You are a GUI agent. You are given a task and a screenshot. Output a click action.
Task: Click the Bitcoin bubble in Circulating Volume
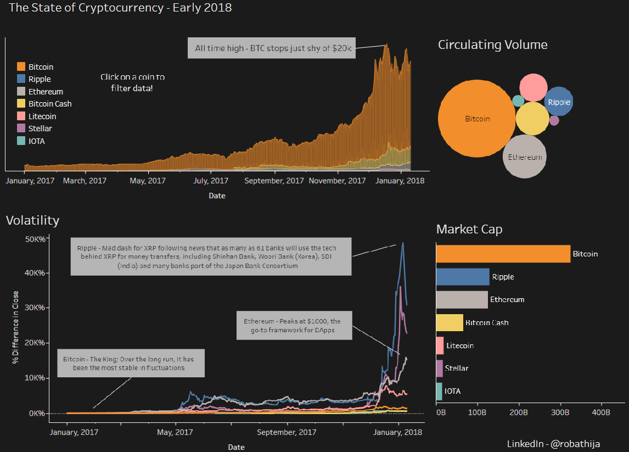click(476, 119)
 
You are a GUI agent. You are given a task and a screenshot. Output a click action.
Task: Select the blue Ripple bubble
click(559, 102)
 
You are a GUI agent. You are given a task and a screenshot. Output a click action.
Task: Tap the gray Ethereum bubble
click(525, 157)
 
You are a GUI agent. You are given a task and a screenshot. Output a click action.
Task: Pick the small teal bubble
click(518, 101)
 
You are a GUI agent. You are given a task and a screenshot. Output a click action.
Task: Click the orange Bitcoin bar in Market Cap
click(503, 254)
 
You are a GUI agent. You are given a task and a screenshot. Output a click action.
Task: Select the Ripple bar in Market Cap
click(462, 277)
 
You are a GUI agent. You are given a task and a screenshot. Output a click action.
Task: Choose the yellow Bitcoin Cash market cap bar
click(450, 322)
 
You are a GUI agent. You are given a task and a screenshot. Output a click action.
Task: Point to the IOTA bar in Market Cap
click(439, 391)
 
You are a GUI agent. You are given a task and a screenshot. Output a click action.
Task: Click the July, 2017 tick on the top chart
click(211, 180)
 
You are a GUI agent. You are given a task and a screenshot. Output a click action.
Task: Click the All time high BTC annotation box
click(271, 48)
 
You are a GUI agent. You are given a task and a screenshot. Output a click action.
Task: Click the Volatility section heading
click(32, 221)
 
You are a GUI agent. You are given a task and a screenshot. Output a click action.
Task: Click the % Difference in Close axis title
click(15, 327)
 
